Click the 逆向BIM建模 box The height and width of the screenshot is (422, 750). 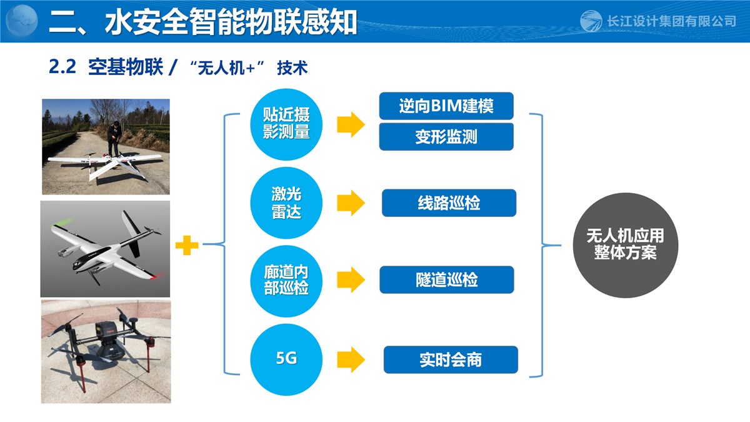click(x=446, y=106)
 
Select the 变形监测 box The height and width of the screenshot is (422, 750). click(x=446, y=137)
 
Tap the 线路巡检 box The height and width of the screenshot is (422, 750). click(x=449, y=203)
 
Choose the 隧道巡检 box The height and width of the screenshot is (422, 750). click(x=447, y=279)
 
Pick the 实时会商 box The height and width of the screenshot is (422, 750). click(x=451, y=359)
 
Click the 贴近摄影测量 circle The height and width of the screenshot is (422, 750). click(x=286, y=124)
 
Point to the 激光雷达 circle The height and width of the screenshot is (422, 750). click(x=286, y=203)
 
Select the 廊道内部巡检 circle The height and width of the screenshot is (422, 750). click(x=286, y=280)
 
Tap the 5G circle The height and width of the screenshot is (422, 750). click(x=286, y=359)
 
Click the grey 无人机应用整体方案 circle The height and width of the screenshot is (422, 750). click(x=626, y=245)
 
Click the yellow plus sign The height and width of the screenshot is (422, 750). click(x=187, y=245)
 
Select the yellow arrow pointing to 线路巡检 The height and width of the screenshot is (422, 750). click(x=351, y=203)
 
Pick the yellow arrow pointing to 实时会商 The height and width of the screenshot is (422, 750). click(x=351, y=359)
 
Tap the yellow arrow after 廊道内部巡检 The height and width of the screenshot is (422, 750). click(x=351, y=279)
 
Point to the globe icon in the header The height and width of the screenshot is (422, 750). click(x=22, y=21)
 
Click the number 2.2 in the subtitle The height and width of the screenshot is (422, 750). click(x=62, y=67)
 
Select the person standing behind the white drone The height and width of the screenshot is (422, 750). click(x=114, y=139)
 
